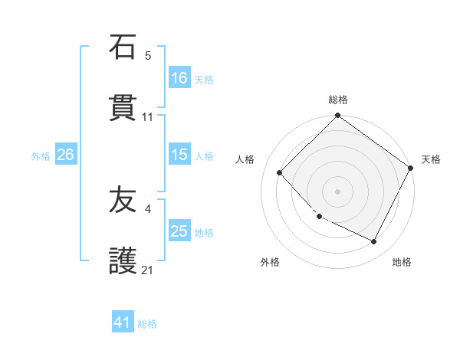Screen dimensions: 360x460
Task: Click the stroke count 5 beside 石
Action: [x=148, y=56]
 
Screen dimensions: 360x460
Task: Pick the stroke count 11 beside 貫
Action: [x=148, y=117]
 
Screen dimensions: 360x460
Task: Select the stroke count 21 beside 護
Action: [x=148, y=270]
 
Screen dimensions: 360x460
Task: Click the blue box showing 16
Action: [x=179, y=77]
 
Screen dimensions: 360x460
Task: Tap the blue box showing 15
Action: [x=179, y=155]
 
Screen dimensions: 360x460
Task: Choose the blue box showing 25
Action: [x=179, y=231]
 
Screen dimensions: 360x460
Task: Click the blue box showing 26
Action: [x=65, y=155]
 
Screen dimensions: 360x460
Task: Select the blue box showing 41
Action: [x=123, y=322]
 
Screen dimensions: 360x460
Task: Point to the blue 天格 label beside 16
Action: [x=203, y=79]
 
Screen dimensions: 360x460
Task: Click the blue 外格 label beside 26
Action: [x=41, y=156]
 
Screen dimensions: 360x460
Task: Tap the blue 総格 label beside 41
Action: [x=147, y=324]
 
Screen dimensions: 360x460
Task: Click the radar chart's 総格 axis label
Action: [x=338, y=100]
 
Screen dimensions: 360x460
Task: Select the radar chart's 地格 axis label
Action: [x=402, y=262]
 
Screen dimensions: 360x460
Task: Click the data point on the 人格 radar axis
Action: [x=280, y=172]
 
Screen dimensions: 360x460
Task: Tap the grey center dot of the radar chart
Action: [x=338, y=191]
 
